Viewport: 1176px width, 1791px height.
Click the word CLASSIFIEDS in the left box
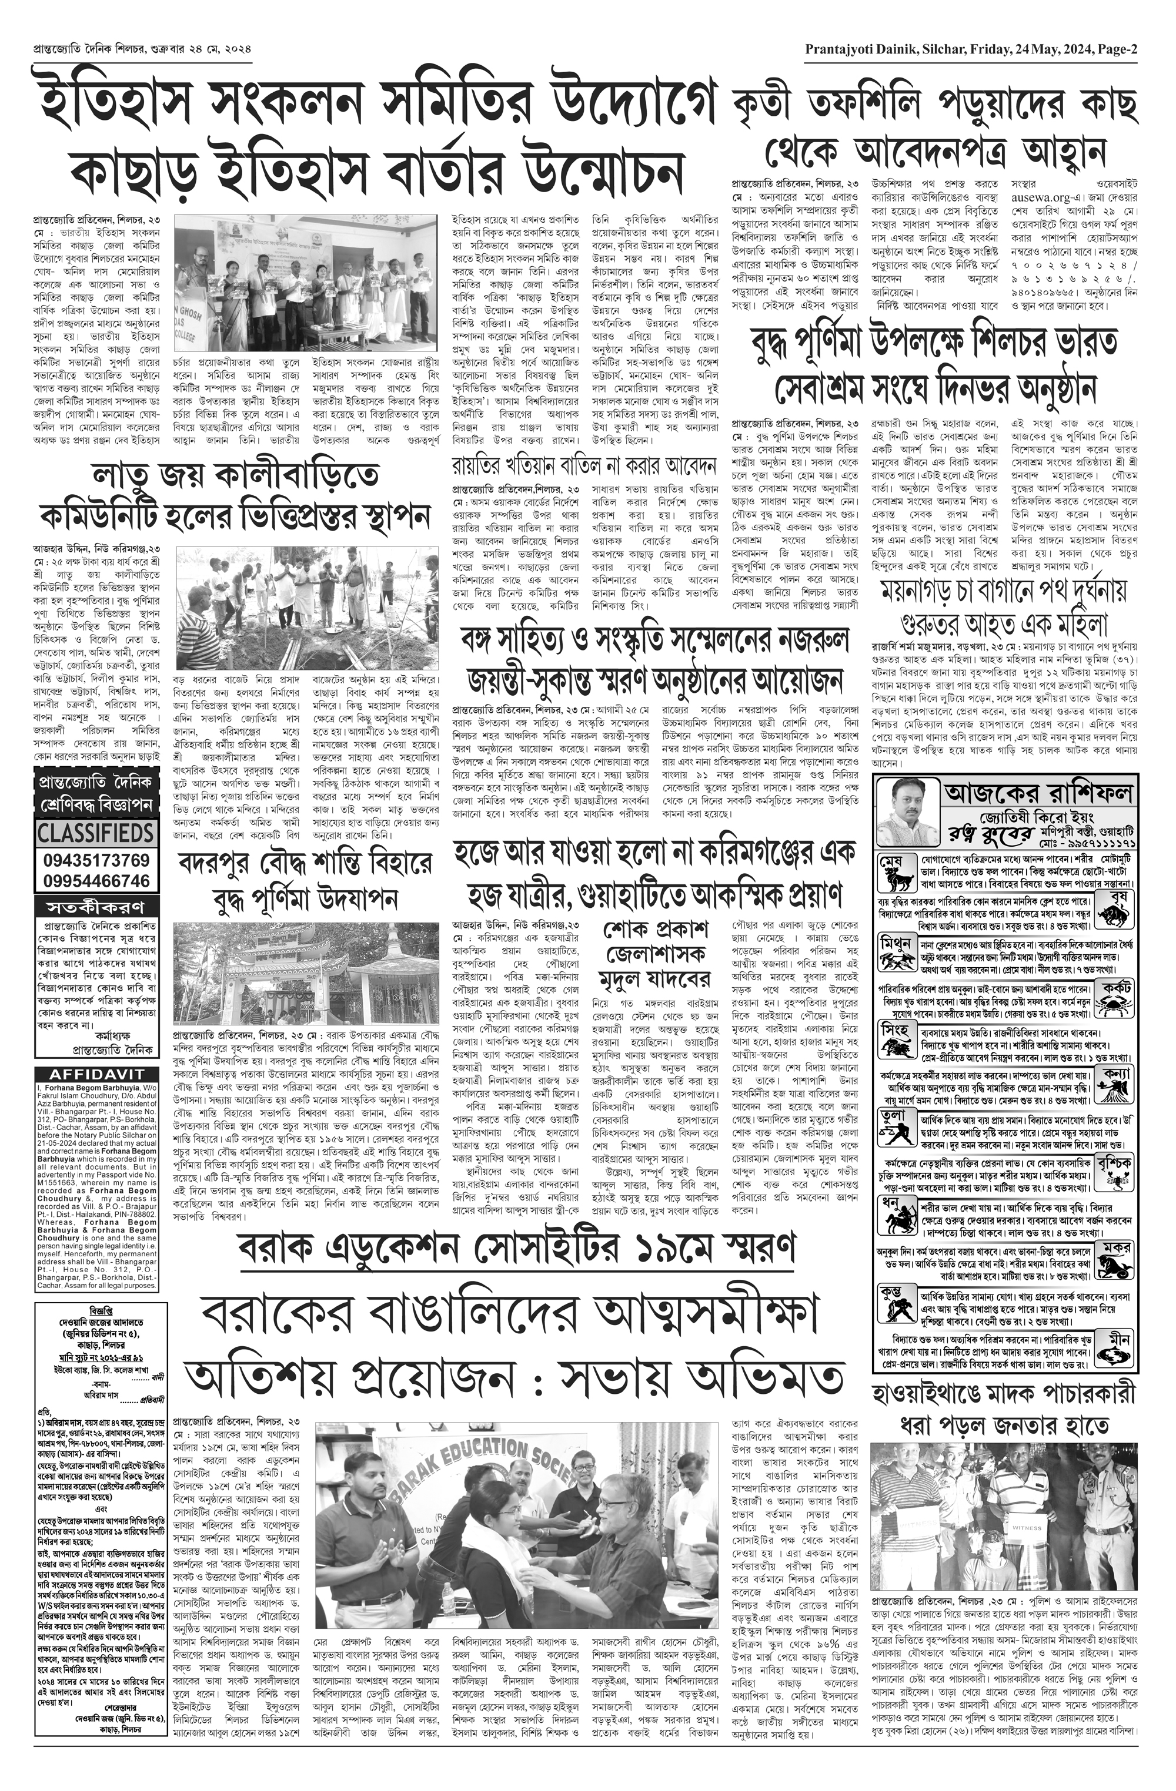96,833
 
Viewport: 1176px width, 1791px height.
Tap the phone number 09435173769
96,860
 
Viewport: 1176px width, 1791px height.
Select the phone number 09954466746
96,880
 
